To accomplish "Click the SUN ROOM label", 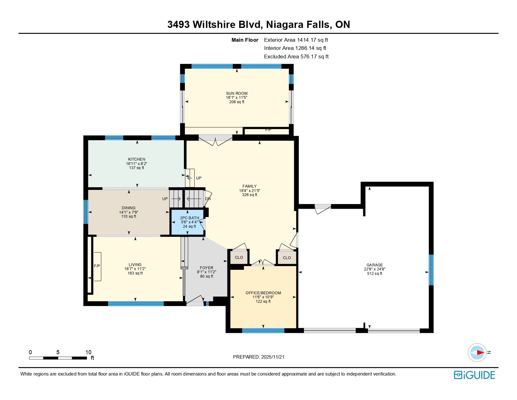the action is coord(237,93).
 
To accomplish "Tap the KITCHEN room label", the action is coord(137,159).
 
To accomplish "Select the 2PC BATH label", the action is coord(189,218).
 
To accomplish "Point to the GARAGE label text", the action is coord(374,265).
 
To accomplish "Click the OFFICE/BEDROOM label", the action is coord(263,293).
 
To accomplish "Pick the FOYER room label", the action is coord(206,268).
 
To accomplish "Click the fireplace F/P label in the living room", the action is coord(97,266).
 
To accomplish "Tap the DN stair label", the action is coord(208,199).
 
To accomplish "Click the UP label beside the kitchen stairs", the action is coord(199,178).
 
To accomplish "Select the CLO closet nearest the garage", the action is coord(287,258).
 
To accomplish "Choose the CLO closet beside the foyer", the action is coord(239,258).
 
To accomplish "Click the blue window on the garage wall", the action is coord(431,270).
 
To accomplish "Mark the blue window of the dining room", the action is coord(86,212).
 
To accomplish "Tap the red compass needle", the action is coord(480,352).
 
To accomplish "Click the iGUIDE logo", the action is coord(474,375).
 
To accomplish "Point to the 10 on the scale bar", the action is coord(88,352).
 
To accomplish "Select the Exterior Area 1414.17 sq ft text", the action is coord(296,40).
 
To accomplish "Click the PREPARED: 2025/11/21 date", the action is coord(258,357).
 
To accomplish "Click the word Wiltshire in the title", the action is coord(214,24).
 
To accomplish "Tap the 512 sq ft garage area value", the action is coord(374,274).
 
